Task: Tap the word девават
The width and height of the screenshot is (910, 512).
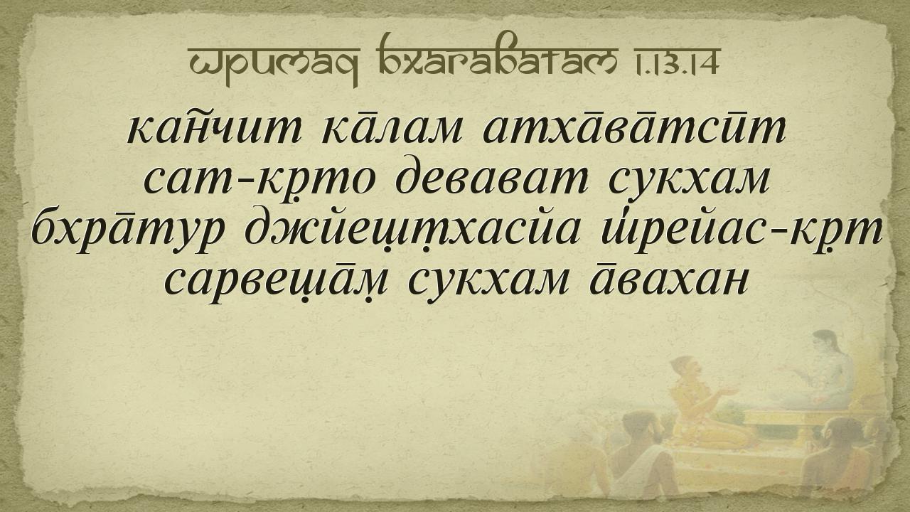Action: click(491, 178)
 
